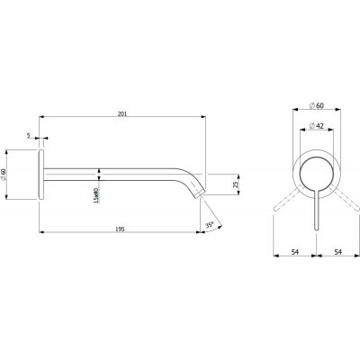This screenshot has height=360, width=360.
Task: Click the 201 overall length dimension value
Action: pos(122,112)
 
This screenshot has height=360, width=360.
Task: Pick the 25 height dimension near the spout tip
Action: pos(236,185)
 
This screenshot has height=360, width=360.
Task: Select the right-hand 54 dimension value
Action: pos(337,253)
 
